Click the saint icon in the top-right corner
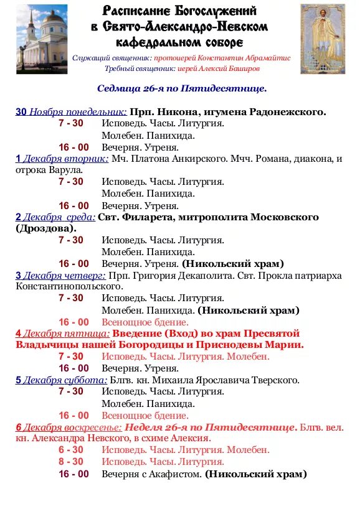click(323, 39)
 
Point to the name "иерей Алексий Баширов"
click(220, 68)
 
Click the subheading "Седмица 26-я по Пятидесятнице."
click(181, 88)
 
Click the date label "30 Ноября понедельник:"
click(71, 112)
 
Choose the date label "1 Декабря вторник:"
click(62, 159)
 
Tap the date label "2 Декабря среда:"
click(55, 217)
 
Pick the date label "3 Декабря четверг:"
click(61, 275)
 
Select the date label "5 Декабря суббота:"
click(62, 380)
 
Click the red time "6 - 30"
click(71, 450)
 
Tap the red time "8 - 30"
click(71, 462)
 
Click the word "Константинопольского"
click(68, 286)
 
